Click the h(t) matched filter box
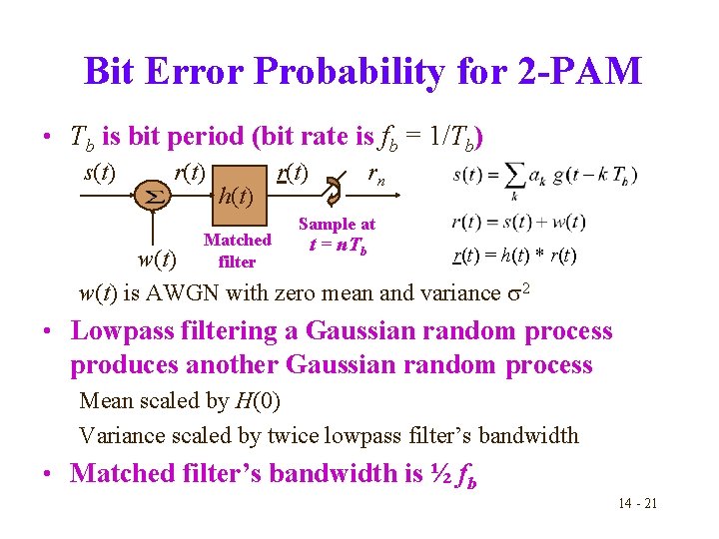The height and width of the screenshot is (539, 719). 236,193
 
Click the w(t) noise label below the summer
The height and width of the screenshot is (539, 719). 155,261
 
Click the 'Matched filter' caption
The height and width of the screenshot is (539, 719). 237,251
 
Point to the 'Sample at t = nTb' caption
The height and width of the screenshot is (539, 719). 337,236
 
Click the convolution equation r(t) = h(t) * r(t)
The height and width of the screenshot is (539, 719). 515,256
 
